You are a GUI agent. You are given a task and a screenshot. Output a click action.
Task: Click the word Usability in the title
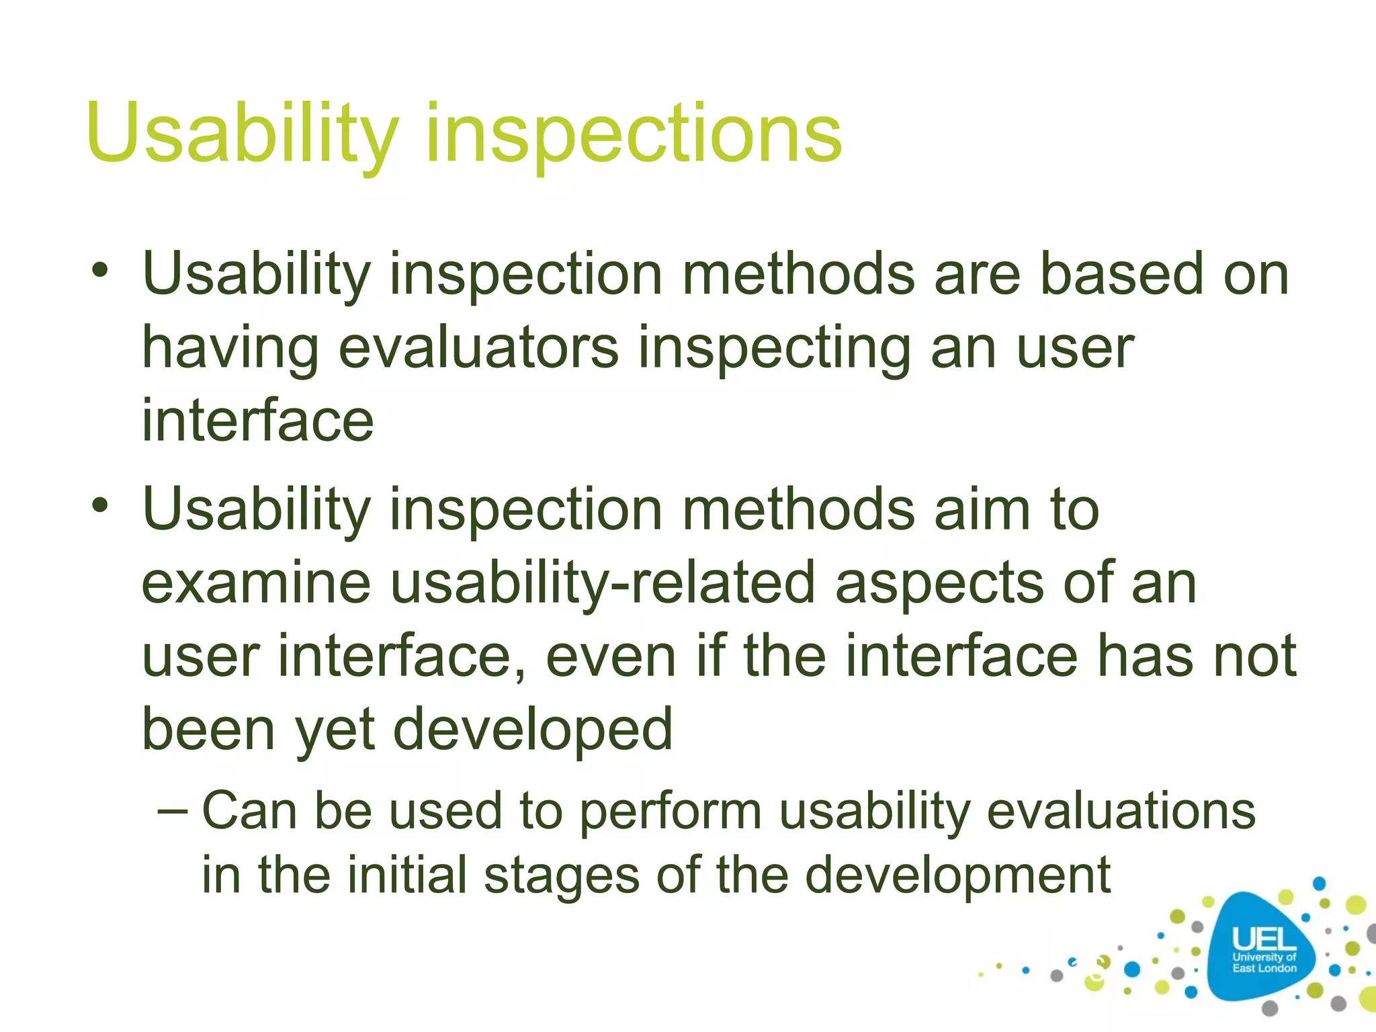pos(242,132)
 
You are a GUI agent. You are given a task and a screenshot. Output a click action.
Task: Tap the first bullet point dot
pos(100,271)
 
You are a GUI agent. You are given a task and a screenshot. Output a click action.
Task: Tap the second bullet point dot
pos(100,506)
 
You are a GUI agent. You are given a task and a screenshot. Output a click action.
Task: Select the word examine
pos(256,583)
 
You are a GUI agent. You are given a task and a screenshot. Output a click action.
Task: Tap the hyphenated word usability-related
pos(603,583)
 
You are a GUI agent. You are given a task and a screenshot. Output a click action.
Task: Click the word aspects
pos(939,583)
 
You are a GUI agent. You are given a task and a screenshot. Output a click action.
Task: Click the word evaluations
pos(1120,811)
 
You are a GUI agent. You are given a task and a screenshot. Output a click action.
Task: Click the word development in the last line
pos(957,875)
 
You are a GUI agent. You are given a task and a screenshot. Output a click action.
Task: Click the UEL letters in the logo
pos(1263,939)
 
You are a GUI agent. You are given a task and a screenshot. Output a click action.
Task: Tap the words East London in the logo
pos(1264,968)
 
